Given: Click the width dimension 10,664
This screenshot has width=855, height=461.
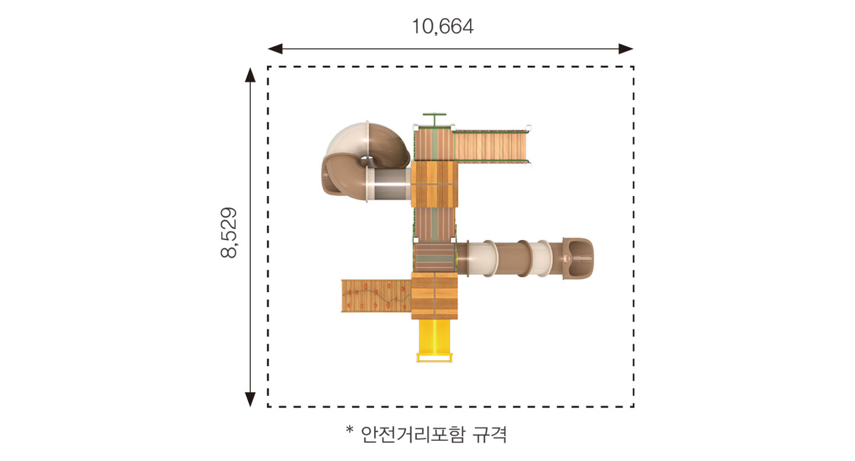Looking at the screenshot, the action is tap(442, 27).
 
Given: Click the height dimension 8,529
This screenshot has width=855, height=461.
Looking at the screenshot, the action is tap(229, 233).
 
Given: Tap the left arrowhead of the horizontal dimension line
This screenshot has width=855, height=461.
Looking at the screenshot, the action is tap(275, 49).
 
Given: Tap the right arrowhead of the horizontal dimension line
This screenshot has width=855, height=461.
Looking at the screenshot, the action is tap(626, 49).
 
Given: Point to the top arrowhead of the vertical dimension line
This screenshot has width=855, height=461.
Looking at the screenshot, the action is tap(250, 75).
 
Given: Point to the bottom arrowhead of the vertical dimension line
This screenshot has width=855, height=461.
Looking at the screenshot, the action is tap(250, 399).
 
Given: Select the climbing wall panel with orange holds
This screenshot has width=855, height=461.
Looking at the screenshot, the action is tap(377, 296).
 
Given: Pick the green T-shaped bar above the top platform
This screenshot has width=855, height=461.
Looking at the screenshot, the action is tap(435, 119).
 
